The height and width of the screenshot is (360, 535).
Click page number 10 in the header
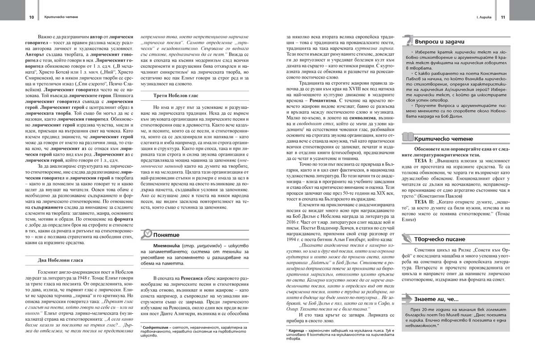(32, 17)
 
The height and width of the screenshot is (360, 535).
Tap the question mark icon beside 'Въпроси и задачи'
(408, 41)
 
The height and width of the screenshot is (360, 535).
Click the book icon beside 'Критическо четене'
(408, 137)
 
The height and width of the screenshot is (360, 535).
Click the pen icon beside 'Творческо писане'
(408, 238)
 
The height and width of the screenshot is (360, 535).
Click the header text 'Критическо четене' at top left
(58, 17)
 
